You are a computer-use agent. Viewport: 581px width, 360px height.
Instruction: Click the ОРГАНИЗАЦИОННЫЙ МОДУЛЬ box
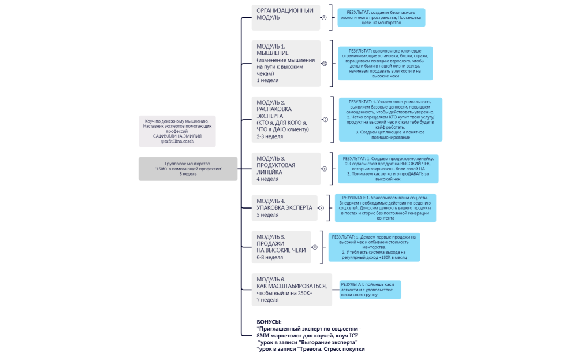coord(286,17)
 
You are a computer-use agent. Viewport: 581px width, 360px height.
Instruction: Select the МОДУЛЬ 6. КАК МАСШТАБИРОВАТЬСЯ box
coord(292,290)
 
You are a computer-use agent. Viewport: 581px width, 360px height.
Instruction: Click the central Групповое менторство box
coord(188,169)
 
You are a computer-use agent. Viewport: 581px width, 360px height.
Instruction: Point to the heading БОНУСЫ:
coord(269,321)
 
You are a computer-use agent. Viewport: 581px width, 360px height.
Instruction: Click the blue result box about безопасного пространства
coord(383,17)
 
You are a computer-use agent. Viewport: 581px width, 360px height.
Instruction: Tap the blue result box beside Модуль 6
coord(370,290)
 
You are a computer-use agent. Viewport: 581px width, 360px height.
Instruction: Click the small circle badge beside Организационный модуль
coord(325,17)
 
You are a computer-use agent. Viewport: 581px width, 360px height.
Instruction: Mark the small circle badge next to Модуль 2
coord(325,120)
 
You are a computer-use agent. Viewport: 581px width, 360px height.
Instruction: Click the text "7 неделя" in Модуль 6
coord(268,300)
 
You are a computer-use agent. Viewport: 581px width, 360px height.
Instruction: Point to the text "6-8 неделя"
coord(270,258)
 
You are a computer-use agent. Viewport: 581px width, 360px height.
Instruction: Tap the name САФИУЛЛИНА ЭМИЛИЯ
coord(177,136)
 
